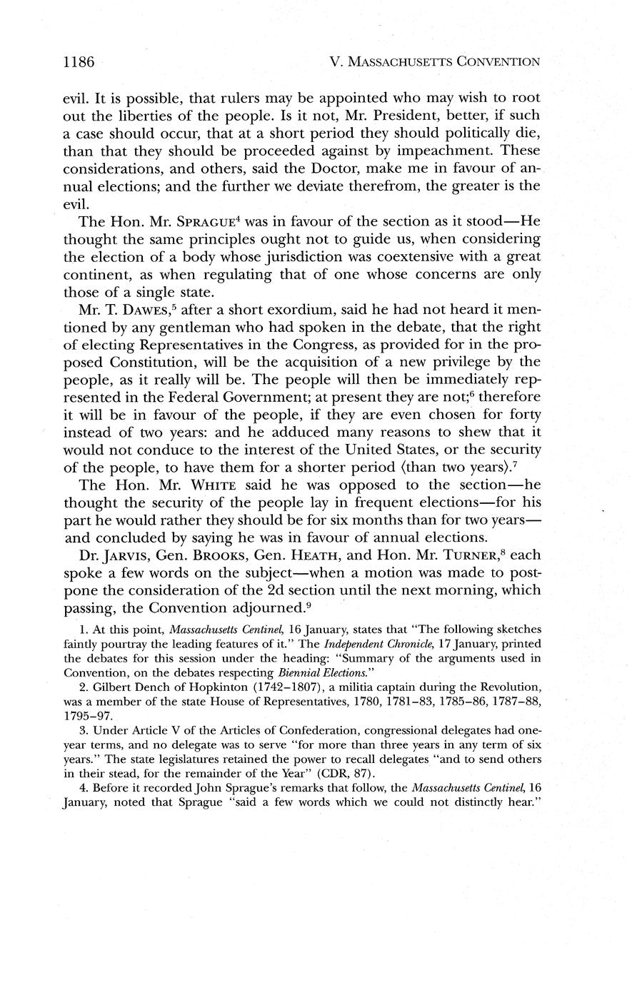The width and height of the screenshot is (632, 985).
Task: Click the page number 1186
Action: [79, 61]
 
